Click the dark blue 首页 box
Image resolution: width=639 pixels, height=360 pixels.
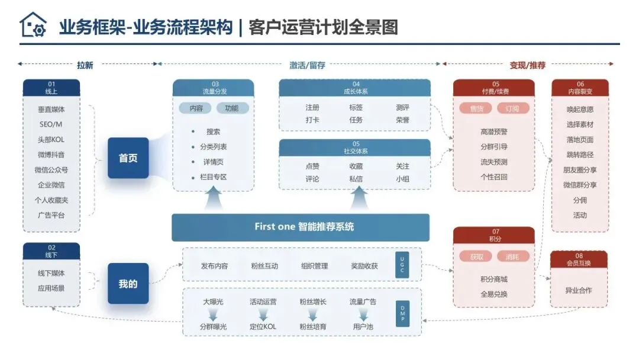click(128, 158)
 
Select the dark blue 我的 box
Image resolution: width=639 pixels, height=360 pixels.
click(128, 284)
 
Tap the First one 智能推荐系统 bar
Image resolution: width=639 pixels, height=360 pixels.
click(301, 227)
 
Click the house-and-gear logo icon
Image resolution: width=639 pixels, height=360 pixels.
click(33, 25)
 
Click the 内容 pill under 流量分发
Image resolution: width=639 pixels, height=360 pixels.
click(196, 108)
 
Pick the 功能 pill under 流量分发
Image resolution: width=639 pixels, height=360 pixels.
click(232, 108)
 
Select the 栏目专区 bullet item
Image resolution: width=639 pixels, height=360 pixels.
click(213, 177)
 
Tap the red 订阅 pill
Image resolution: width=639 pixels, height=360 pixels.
click(512, 108)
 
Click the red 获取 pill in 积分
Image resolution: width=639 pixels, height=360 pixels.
click(476, 256)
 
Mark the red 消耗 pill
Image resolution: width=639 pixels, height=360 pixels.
click(512, 256)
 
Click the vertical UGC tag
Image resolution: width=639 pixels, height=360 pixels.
click(403, 264)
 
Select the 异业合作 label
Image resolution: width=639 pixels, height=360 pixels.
click(579, 290)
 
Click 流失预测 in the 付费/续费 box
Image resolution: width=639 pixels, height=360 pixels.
click(494, 162)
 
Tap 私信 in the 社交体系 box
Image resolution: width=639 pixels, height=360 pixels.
click(356, 179)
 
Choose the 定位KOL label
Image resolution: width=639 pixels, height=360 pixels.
click(263, 327)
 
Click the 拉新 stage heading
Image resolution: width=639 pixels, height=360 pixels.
click(85, 65)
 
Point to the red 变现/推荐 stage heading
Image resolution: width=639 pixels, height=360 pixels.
click(527, 65)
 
